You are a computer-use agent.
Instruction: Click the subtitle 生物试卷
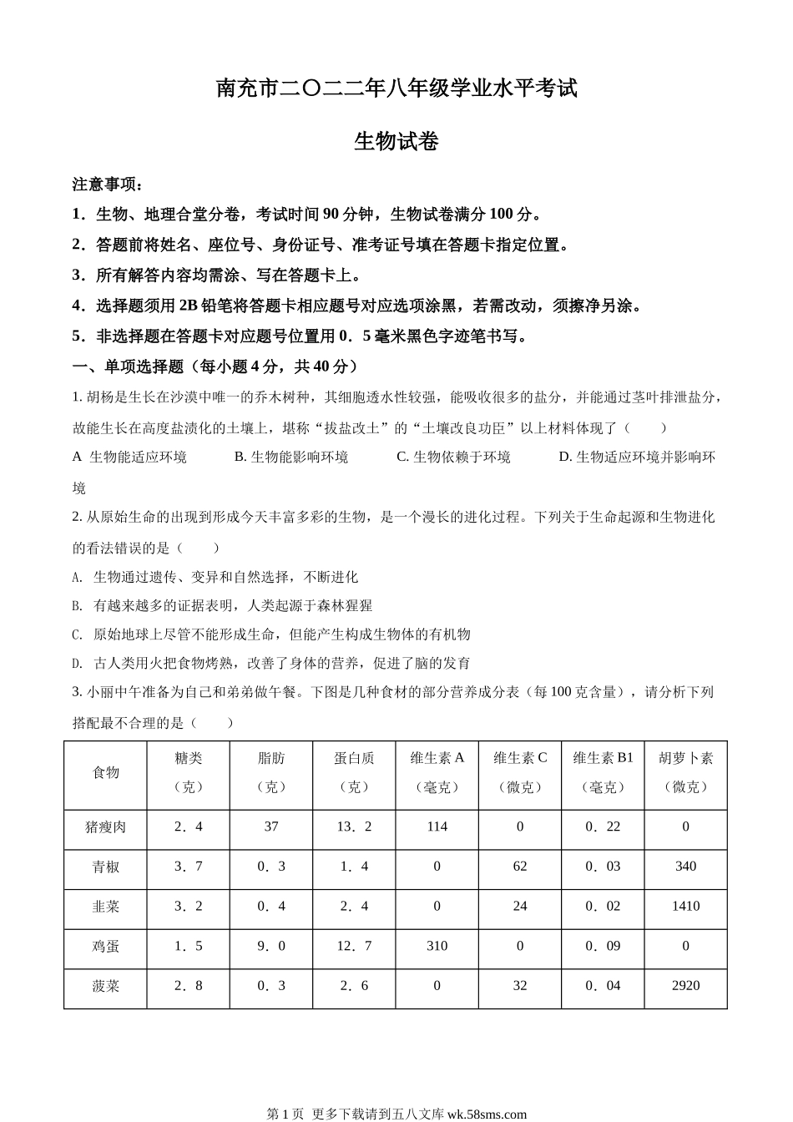coord(396,142)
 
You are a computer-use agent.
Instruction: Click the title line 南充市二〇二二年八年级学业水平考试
coord(396,88)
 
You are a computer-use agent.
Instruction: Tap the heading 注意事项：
coord(108,184)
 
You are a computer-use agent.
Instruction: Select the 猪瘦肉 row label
coord(106,826)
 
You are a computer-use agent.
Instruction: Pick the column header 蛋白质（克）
coord(354,772)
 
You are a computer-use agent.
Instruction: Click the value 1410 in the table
coord(685,906)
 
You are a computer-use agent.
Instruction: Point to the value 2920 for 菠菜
coord(685,985)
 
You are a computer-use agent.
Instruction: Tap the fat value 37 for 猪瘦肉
coord(271,826)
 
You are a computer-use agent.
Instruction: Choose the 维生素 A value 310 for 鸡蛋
coord(437,946)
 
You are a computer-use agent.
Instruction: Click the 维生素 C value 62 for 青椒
coord(520,867)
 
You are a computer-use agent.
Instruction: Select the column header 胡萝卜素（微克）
coord(685,772)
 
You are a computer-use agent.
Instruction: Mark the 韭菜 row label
coord(106,906)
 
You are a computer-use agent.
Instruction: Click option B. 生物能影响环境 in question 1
coord(291,457)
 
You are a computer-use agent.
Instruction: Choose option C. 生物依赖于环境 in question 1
coord(453,457)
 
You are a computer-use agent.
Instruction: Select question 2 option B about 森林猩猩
coord(223,605)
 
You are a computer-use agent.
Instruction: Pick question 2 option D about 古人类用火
coord(271,663)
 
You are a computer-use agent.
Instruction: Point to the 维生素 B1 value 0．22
coord(603,826)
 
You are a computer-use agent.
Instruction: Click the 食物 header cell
coord(106,772)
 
